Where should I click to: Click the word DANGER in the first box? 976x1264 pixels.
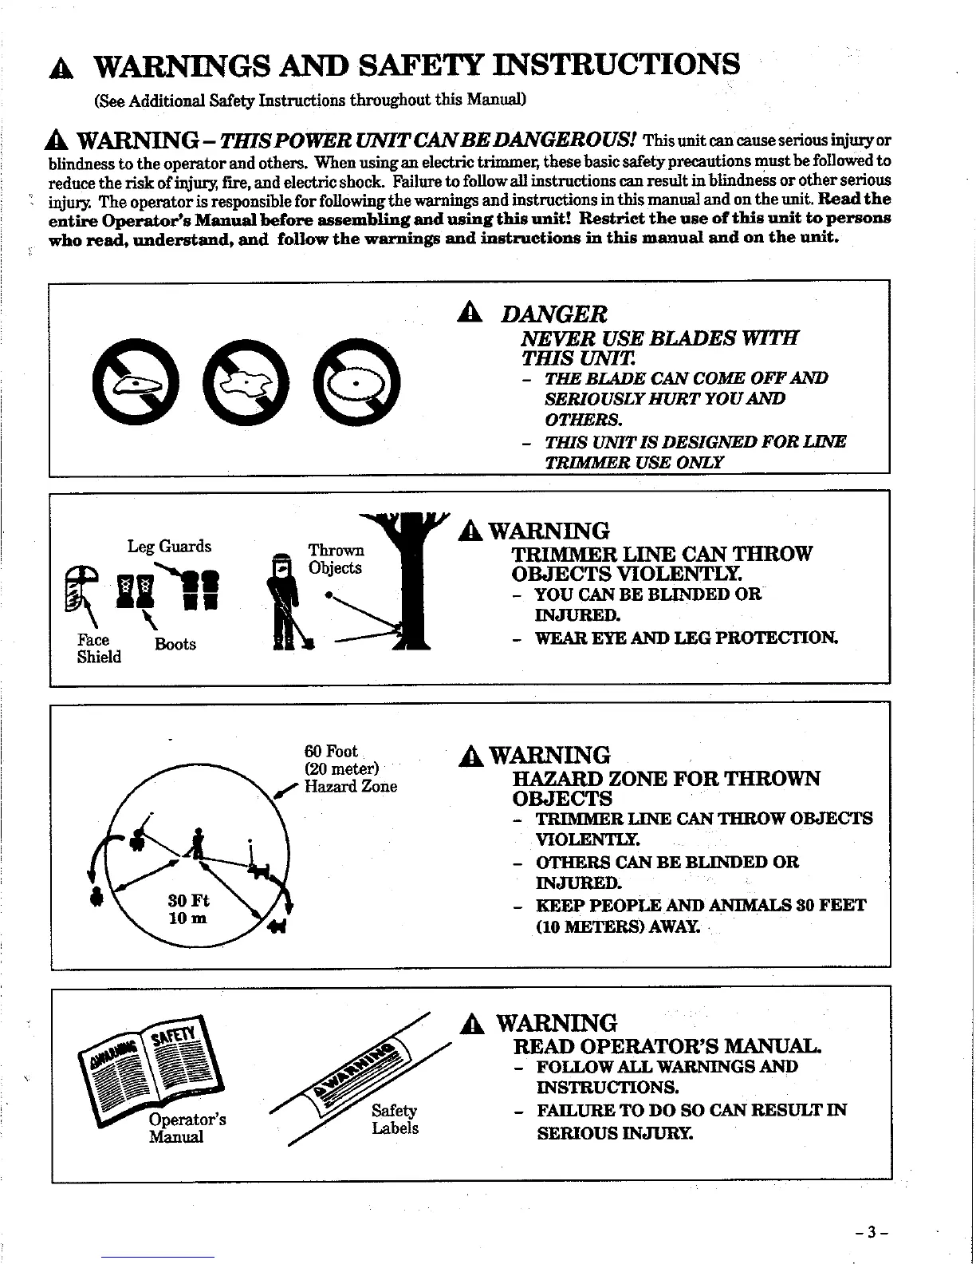tap(553, 314)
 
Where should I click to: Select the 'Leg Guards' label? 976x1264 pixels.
tap(169, 547)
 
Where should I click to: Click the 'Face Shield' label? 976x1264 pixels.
tap(98, 649)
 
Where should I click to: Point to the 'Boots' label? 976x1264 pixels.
tap(175, 645)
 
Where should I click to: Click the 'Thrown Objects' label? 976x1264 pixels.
tap(336, 559)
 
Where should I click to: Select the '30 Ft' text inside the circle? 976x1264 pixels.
tap(188, 901)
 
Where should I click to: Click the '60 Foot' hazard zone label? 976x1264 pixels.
tap(332, 752)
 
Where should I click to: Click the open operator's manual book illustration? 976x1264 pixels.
tap(148, 1065)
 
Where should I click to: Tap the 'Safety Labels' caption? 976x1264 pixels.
tap(395, 1120)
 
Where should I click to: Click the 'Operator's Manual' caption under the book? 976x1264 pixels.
tap(187, 1128)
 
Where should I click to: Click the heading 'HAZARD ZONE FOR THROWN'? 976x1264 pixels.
tap(667, 779)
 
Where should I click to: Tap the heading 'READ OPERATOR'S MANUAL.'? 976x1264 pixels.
tap(668, 1046)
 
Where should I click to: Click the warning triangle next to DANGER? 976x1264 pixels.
tap(469, 314)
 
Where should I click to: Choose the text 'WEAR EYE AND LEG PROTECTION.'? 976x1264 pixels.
tap(687, 638)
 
